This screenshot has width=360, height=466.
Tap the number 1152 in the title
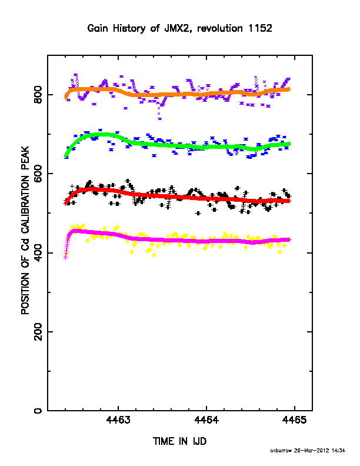(261, 28)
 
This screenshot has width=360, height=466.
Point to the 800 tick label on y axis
(38, 95)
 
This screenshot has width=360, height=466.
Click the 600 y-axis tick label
(38, 174)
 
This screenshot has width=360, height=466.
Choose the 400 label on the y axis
(38, 252)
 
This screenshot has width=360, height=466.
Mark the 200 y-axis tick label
(38, 332)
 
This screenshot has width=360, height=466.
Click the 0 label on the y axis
(38, 411)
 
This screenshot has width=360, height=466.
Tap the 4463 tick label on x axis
(118, 420)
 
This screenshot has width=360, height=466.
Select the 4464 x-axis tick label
(206, 420)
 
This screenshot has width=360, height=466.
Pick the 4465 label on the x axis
(294, 420)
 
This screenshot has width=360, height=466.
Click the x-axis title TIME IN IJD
(179, 441)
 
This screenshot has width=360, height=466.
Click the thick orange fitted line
(178, 94)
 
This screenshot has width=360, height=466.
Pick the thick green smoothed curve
(178, 145)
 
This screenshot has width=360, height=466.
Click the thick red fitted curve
(178, 197)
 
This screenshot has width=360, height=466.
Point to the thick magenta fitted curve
(178, 239)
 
